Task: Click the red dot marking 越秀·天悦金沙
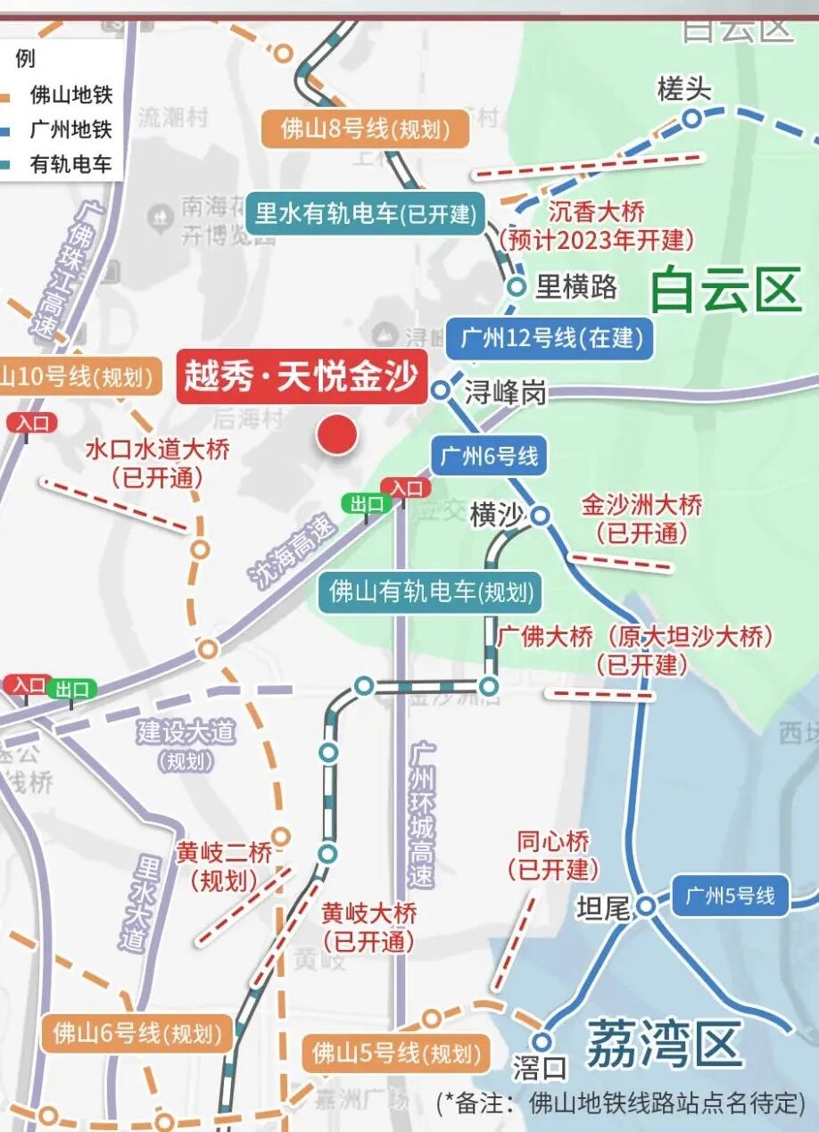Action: [x=337, y=434]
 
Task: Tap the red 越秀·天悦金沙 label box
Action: [x=302, y=376]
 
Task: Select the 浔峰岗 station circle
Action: [x=441, y=390]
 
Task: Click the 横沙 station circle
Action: [x=540, y=516]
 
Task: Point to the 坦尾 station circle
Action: [x=646, y=906]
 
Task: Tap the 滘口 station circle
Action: [x=542, y=1041]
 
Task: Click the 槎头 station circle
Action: [x=691, y=118]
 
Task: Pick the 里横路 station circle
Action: [x=517, y=286]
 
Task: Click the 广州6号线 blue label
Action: [x=488, y=457]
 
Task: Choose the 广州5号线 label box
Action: [x=731, y=896]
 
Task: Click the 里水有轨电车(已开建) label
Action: [x=366, y=214]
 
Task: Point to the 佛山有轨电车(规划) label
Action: [x=431, y=591]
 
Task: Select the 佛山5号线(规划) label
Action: [x=396, y=1054]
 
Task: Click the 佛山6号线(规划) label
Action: [x=136, y=1035]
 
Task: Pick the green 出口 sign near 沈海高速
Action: [x=367, y=504]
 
